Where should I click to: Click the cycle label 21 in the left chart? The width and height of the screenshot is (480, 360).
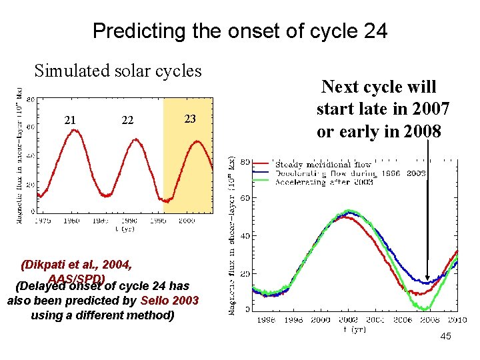(69, 120)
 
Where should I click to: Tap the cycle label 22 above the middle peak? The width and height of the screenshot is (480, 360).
(127, 120)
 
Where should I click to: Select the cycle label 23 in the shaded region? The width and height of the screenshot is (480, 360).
(190, 119)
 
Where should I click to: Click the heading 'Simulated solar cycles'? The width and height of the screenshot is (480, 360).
(118, 70)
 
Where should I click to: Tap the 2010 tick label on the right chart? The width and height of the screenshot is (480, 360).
(457, 319)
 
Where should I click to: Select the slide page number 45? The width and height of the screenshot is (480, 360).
(445, 336)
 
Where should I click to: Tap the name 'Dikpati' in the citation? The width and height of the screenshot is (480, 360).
(45, 264)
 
